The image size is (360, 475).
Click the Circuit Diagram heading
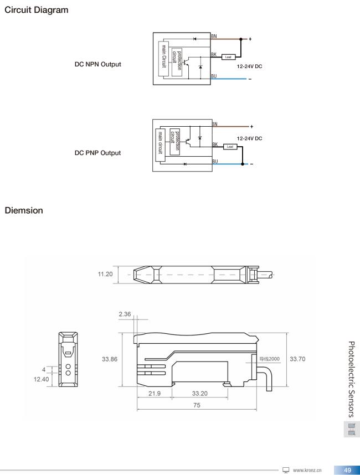click(x=37, y=10)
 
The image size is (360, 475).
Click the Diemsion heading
click(x=24, y=210)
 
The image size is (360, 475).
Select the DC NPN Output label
click(x=97, y=64)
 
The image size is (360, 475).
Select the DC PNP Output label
click(x=97, y=153)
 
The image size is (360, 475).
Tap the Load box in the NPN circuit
click(x=228, y=57)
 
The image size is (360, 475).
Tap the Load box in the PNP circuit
click(x=230, y=147)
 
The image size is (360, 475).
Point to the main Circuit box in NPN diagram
click(x=163, y=56)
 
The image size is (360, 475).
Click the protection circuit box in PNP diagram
click(x=175, y=142)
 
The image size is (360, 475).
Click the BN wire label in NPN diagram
click(x=214, y=37)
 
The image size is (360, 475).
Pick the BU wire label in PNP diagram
click(x=215, y=162)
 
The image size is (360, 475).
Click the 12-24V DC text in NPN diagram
click(x=249, y=66)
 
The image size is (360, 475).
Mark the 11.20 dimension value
click(x=105, y=274)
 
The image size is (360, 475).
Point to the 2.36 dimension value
click(x=125, y=314)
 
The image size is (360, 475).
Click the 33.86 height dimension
click(x=110, y=359)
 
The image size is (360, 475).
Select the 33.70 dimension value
click(x=297, y=359)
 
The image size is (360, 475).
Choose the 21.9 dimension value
click(x=155, y=394)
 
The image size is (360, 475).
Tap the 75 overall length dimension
click(x=197, y=405)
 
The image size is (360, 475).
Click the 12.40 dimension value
click(x=41, y=379)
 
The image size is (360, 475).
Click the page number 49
click(x=347, y=470)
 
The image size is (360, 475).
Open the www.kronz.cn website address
click(x=307, y=470)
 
